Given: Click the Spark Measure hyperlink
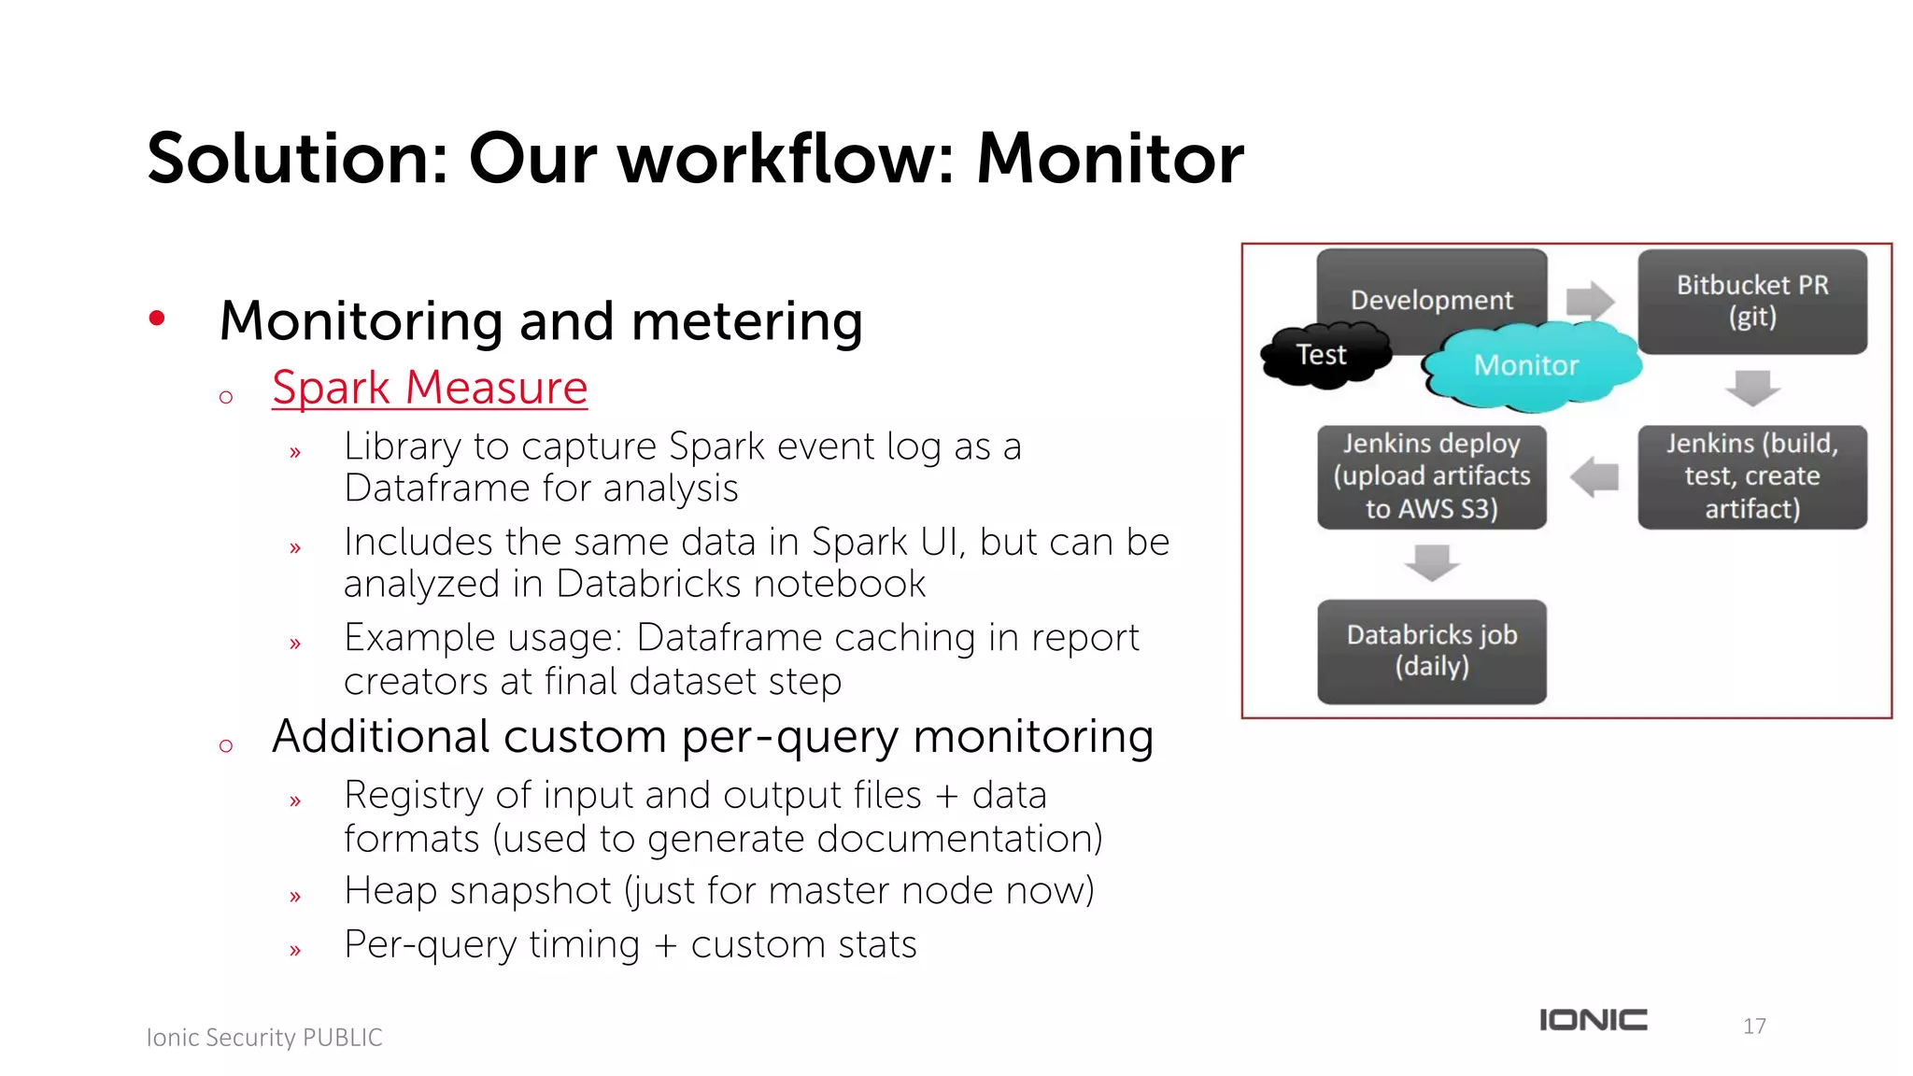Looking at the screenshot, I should tap(430, 388).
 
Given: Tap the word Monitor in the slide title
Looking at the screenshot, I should tap(1110, 159).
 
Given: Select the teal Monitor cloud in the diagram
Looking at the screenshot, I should tap(1526, 365).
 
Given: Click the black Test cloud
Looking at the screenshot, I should tap(1321, 355).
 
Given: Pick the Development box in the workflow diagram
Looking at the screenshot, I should tap(1431, 291).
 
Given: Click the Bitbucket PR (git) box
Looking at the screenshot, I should tap(1752, 301).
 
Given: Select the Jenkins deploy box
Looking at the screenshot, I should tap(1431, 476).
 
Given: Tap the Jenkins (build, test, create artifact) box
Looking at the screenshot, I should tap(1752, 476).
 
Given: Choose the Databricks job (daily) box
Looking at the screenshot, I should tap(1431, 651).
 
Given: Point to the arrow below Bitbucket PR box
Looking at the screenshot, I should tap(1752, 387).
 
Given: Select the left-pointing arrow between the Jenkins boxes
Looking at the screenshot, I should tap(1595, 476).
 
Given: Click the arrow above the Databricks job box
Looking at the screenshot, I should tap(1431, 562).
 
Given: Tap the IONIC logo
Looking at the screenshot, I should tap(1594, 1020).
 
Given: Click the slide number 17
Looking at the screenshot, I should tap(1754, 1026).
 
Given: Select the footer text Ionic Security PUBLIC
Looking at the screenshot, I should tap(264, 1038).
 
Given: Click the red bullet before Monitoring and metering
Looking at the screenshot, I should tap(157, 319).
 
